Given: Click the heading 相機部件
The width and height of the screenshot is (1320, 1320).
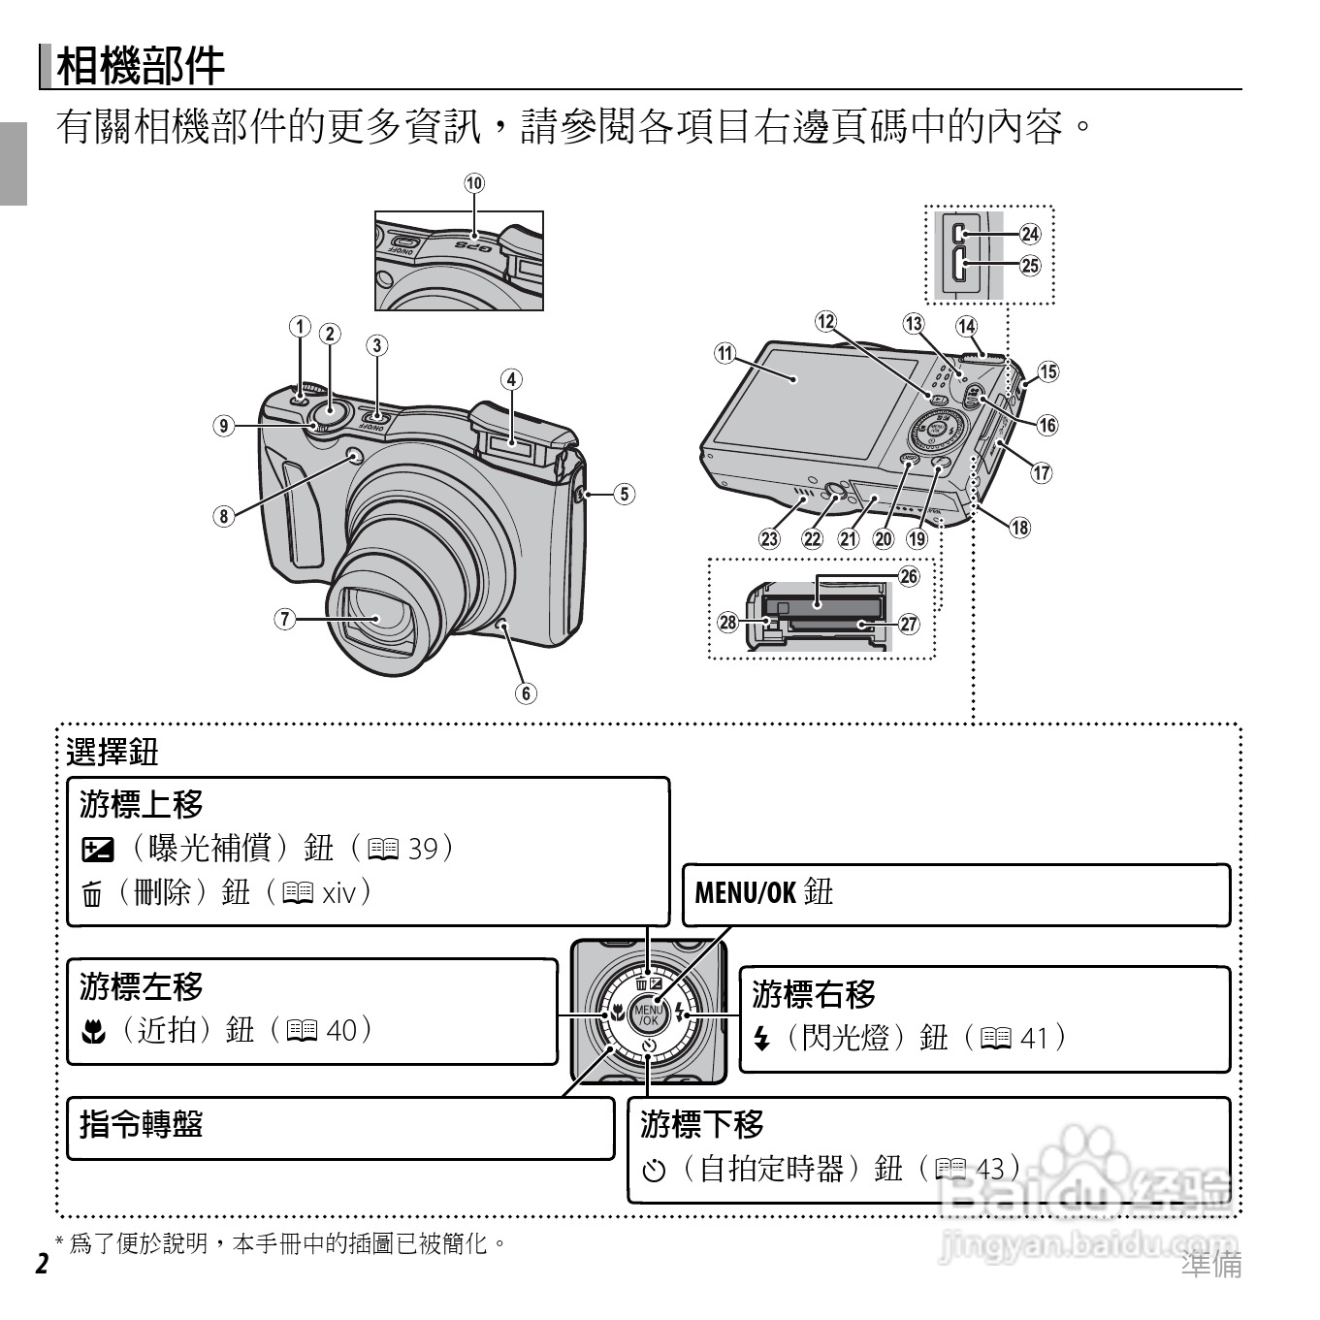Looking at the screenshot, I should (x=141, y=66).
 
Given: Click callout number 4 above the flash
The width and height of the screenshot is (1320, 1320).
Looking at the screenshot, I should (x=511, y=379).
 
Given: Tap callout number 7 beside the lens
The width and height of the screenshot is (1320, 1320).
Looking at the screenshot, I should (x=284, y=619).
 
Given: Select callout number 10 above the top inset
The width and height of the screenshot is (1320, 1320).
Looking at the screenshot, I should (x=473, y=183).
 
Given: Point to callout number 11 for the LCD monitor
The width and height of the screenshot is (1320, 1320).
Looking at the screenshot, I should (x=725, y=353).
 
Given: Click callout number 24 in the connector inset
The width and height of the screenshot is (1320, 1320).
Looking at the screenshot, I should (x=1029, y=234).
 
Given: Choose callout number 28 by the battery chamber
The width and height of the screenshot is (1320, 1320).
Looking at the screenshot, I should (x=727, y=622).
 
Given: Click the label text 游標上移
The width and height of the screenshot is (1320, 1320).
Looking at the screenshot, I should (x=142, y=804).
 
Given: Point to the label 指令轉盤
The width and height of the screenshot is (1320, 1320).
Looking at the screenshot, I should (x=142, y=1124).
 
